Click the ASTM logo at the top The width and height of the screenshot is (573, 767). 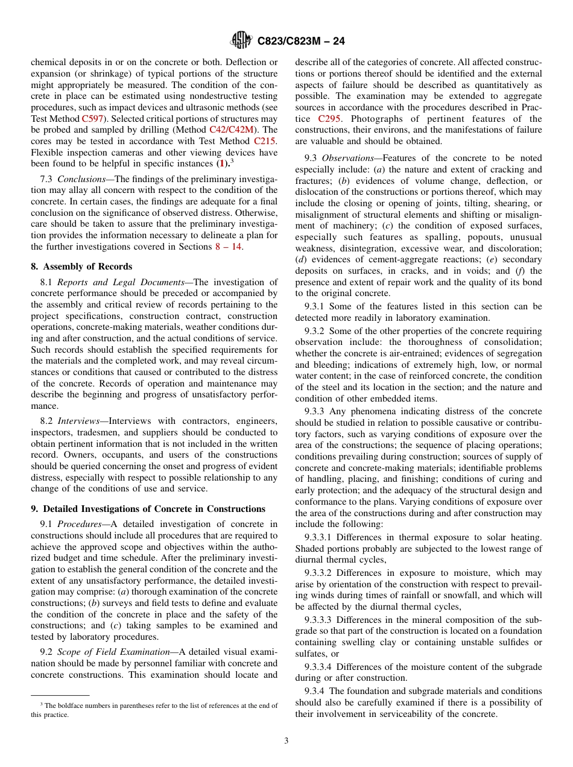[241, 41]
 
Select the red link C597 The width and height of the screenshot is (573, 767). [93, 119]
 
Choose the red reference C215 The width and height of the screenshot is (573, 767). [265, 141]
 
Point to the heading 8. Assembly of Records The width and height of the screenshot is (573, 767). [81, 267]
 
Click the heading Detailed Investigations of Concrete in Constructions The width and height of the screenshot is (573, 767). [154, 509]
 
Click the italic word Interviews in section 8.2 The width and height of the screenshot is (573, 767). [81, 421]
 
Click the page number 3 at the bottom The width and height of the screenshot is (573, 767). [286, 740]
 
